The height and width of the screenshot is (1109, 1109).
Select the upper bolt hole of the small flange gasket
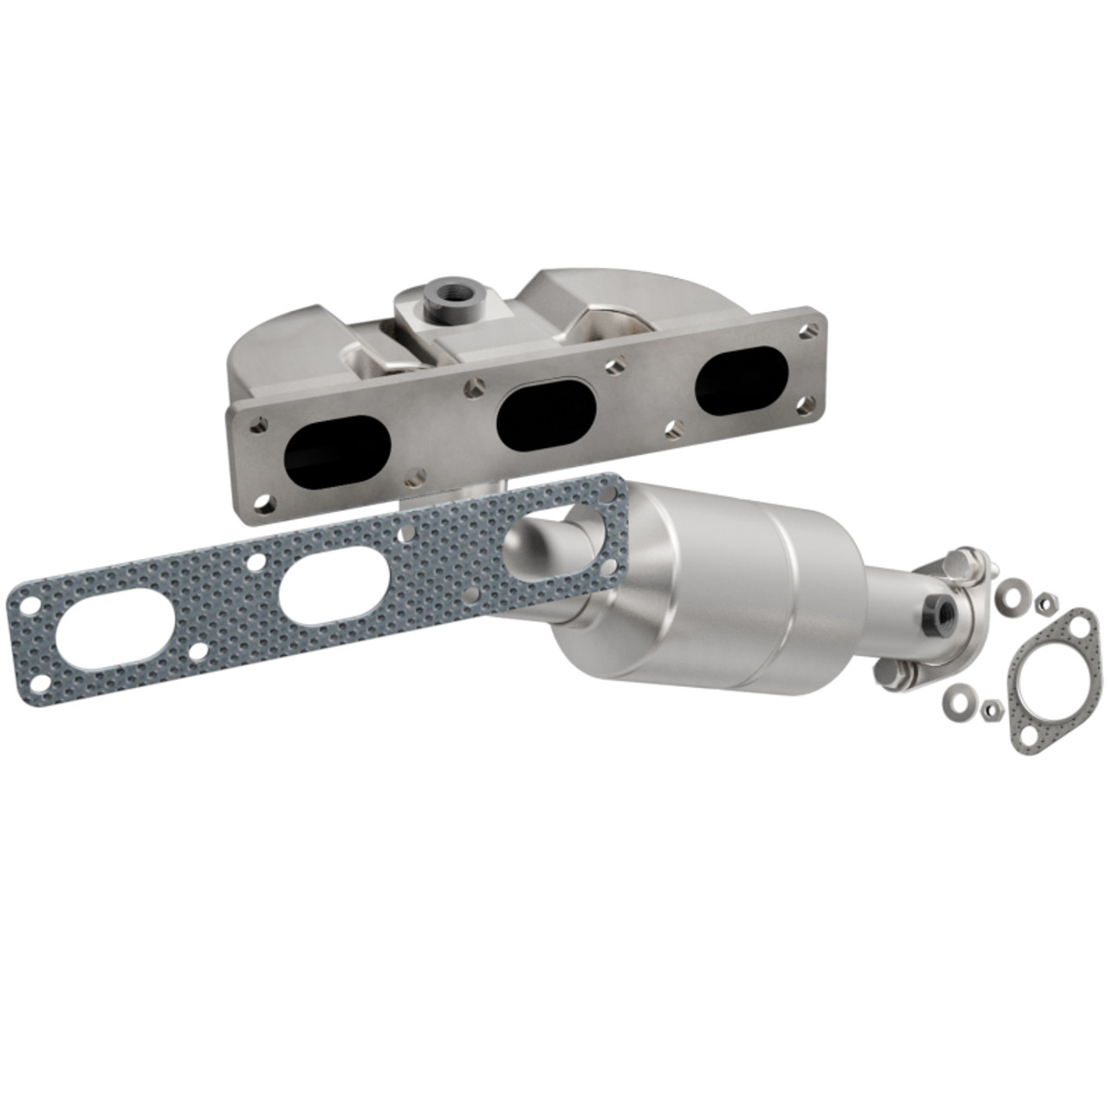click(1080, 625)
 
